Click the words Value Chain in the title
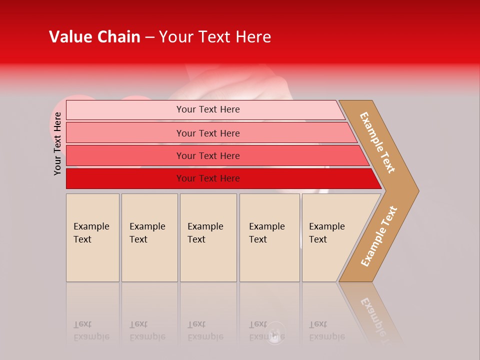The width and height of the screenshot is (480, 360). (94, 37)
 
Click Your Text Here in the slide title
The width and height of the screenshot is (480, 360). (215, 37)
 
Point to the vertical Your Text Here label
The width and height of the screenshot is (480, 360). (57, 143)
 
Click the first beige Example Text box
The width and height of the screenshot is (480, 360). (92, 237)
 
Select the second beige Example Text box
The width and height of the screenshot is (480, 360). (149, 237)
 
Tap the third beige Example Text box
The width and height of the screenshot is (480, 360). (208, 237)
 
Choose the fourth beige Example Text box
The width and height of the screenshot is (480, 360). (269, 237)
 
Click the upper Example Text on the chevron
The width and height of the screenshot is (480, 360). (377, 142)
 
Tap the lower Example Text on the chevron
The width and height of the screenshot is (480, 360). (379, 236)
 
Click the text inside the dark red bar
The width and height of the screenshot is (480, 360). (208, 178)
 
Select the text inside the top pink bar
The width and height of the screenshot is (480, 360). (208, 109)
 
